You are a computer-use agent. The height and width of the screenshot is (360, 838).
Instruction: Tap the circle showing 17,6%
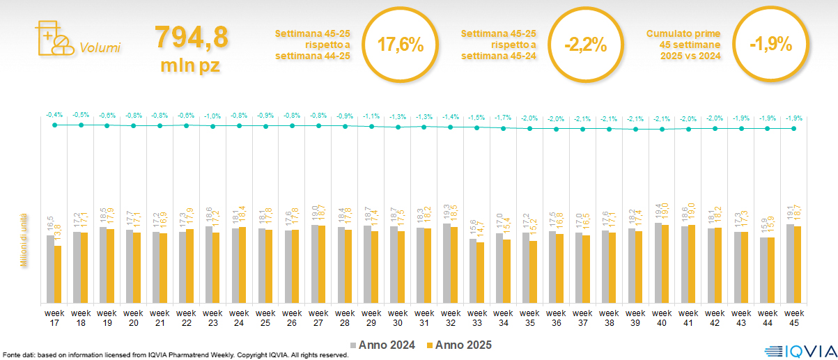[401, 45]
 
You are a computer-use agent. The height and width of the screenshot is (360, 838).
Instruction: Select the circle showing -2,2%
[586, 45]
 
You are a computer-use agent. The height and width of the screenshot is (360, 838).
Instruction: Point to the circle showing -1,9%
[771, 45]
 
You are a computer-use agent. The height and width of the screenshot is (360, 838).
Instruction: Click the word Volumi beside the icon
[100, 48]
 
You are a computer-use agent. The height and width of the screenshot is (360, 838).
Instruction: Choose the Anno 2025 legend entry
[459, 345]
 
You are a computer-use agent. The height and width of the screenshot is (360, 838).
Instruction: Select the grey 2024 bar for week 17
[50, 269]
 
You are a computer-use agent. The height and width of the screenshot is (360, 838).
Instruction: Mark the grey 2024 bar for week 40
[658, 263]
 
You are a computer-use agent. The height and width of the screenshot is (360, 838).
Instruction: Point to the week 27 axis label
[318, 318]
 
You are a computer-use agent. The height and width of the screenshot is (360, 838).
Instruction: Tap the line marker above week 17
[54, 125]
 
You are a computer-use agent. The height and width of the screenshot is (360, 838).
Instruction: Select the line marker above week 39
[635, 129]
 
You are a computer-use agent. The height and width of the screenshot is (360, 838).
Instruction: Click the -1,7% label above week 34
[503, 118]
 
